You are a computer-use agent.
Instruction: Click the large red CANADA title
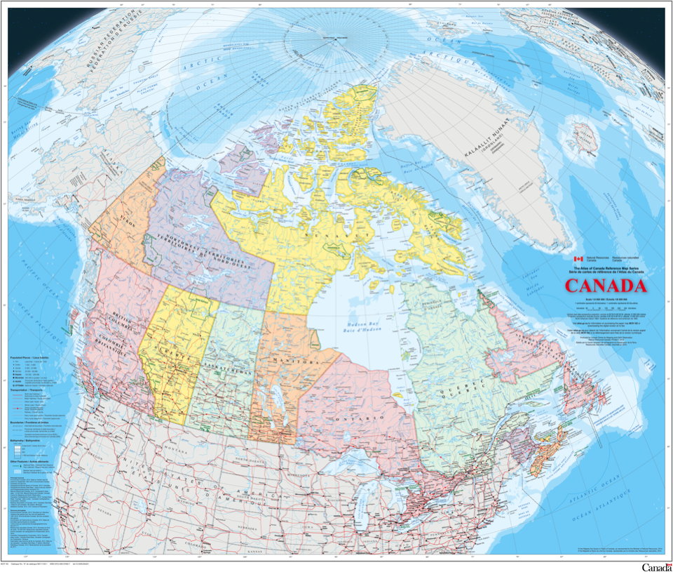605,286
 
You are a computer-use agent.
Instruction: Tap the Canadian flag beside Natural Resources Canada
578,259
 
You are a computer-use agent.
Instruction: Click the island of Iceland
583,137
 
